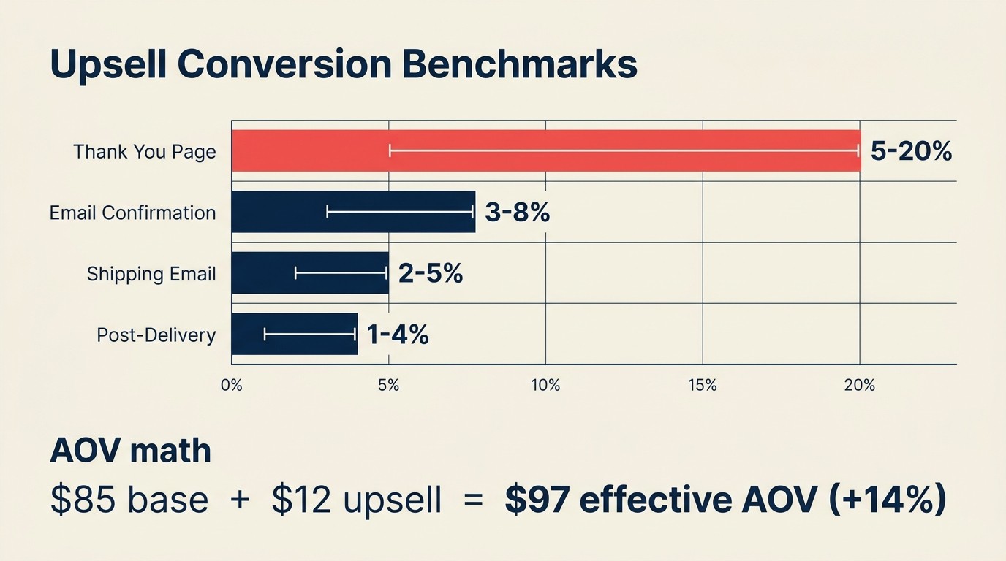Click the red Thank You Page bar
tap(546, 150)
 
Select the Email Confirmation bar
tap(353, 212)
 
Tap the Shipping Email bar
tap(310, 273)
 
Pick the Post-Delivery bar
tap(295, 335)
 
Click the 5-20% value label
tap(911, 151)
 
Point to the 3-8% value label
tap(517, 213)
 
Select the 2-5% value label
tap(431, 273)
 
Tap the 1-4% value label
tap(397, 335)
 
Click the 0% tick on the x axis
tap(232, 386)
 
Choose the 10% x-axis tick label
tap(545, 386)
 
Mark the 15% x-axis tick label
tap(703, 386)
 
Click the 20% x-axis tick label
tap(860, 386)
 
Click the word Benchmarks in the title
tap(519, 66)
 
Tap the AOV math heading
tap(130, 451)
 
